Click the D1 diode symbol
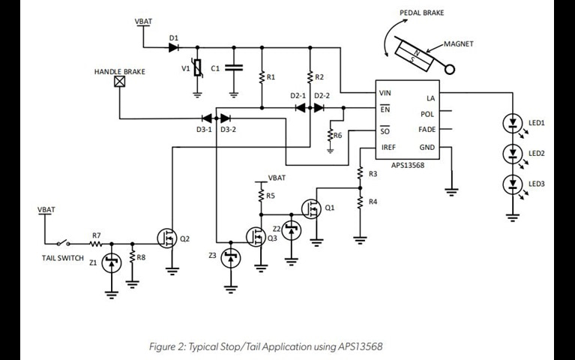[x=174, y=47]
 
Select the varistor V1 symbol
[x=197, y=69]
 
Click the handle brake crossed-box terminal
[x=118, y=82]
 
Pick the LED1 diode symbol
[x=512, y=121]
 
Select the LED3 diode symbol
[x=512, y=183]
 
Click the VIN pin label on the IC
[x=386, y=94]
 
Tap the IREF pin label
[x=388, y=148]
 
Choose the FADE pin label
[x=427, y=130]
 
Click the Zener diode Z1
[x=112, y=262]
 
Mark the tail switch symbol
[x=62, y=242]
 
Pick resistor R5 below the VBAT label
[x=261, y=196]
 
